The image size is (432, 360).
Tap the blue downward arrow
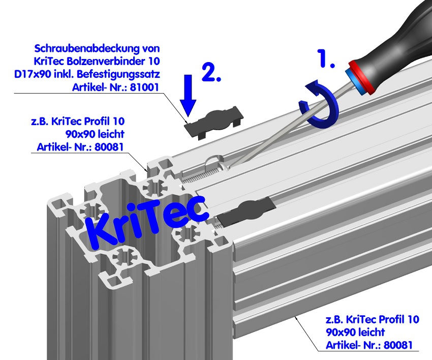pyautogui.click(x=188, y=94)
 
